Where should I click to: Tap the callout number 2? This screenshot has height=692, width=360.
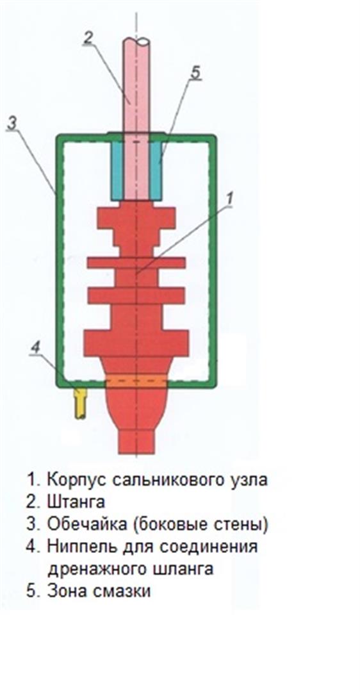click(87, 39)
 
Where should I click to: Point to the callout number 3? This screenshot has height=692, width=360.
click(12, 124)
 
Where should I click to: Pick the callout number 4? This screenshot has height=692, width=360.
click(36, 348)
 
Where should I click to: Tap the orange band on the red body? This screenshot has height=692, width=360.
click(136, 380)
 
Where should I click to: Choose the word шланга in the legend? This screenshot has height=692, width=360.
click(179, 570)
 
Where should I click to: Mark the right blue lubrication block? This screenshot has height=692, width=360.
click(156, 170)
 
